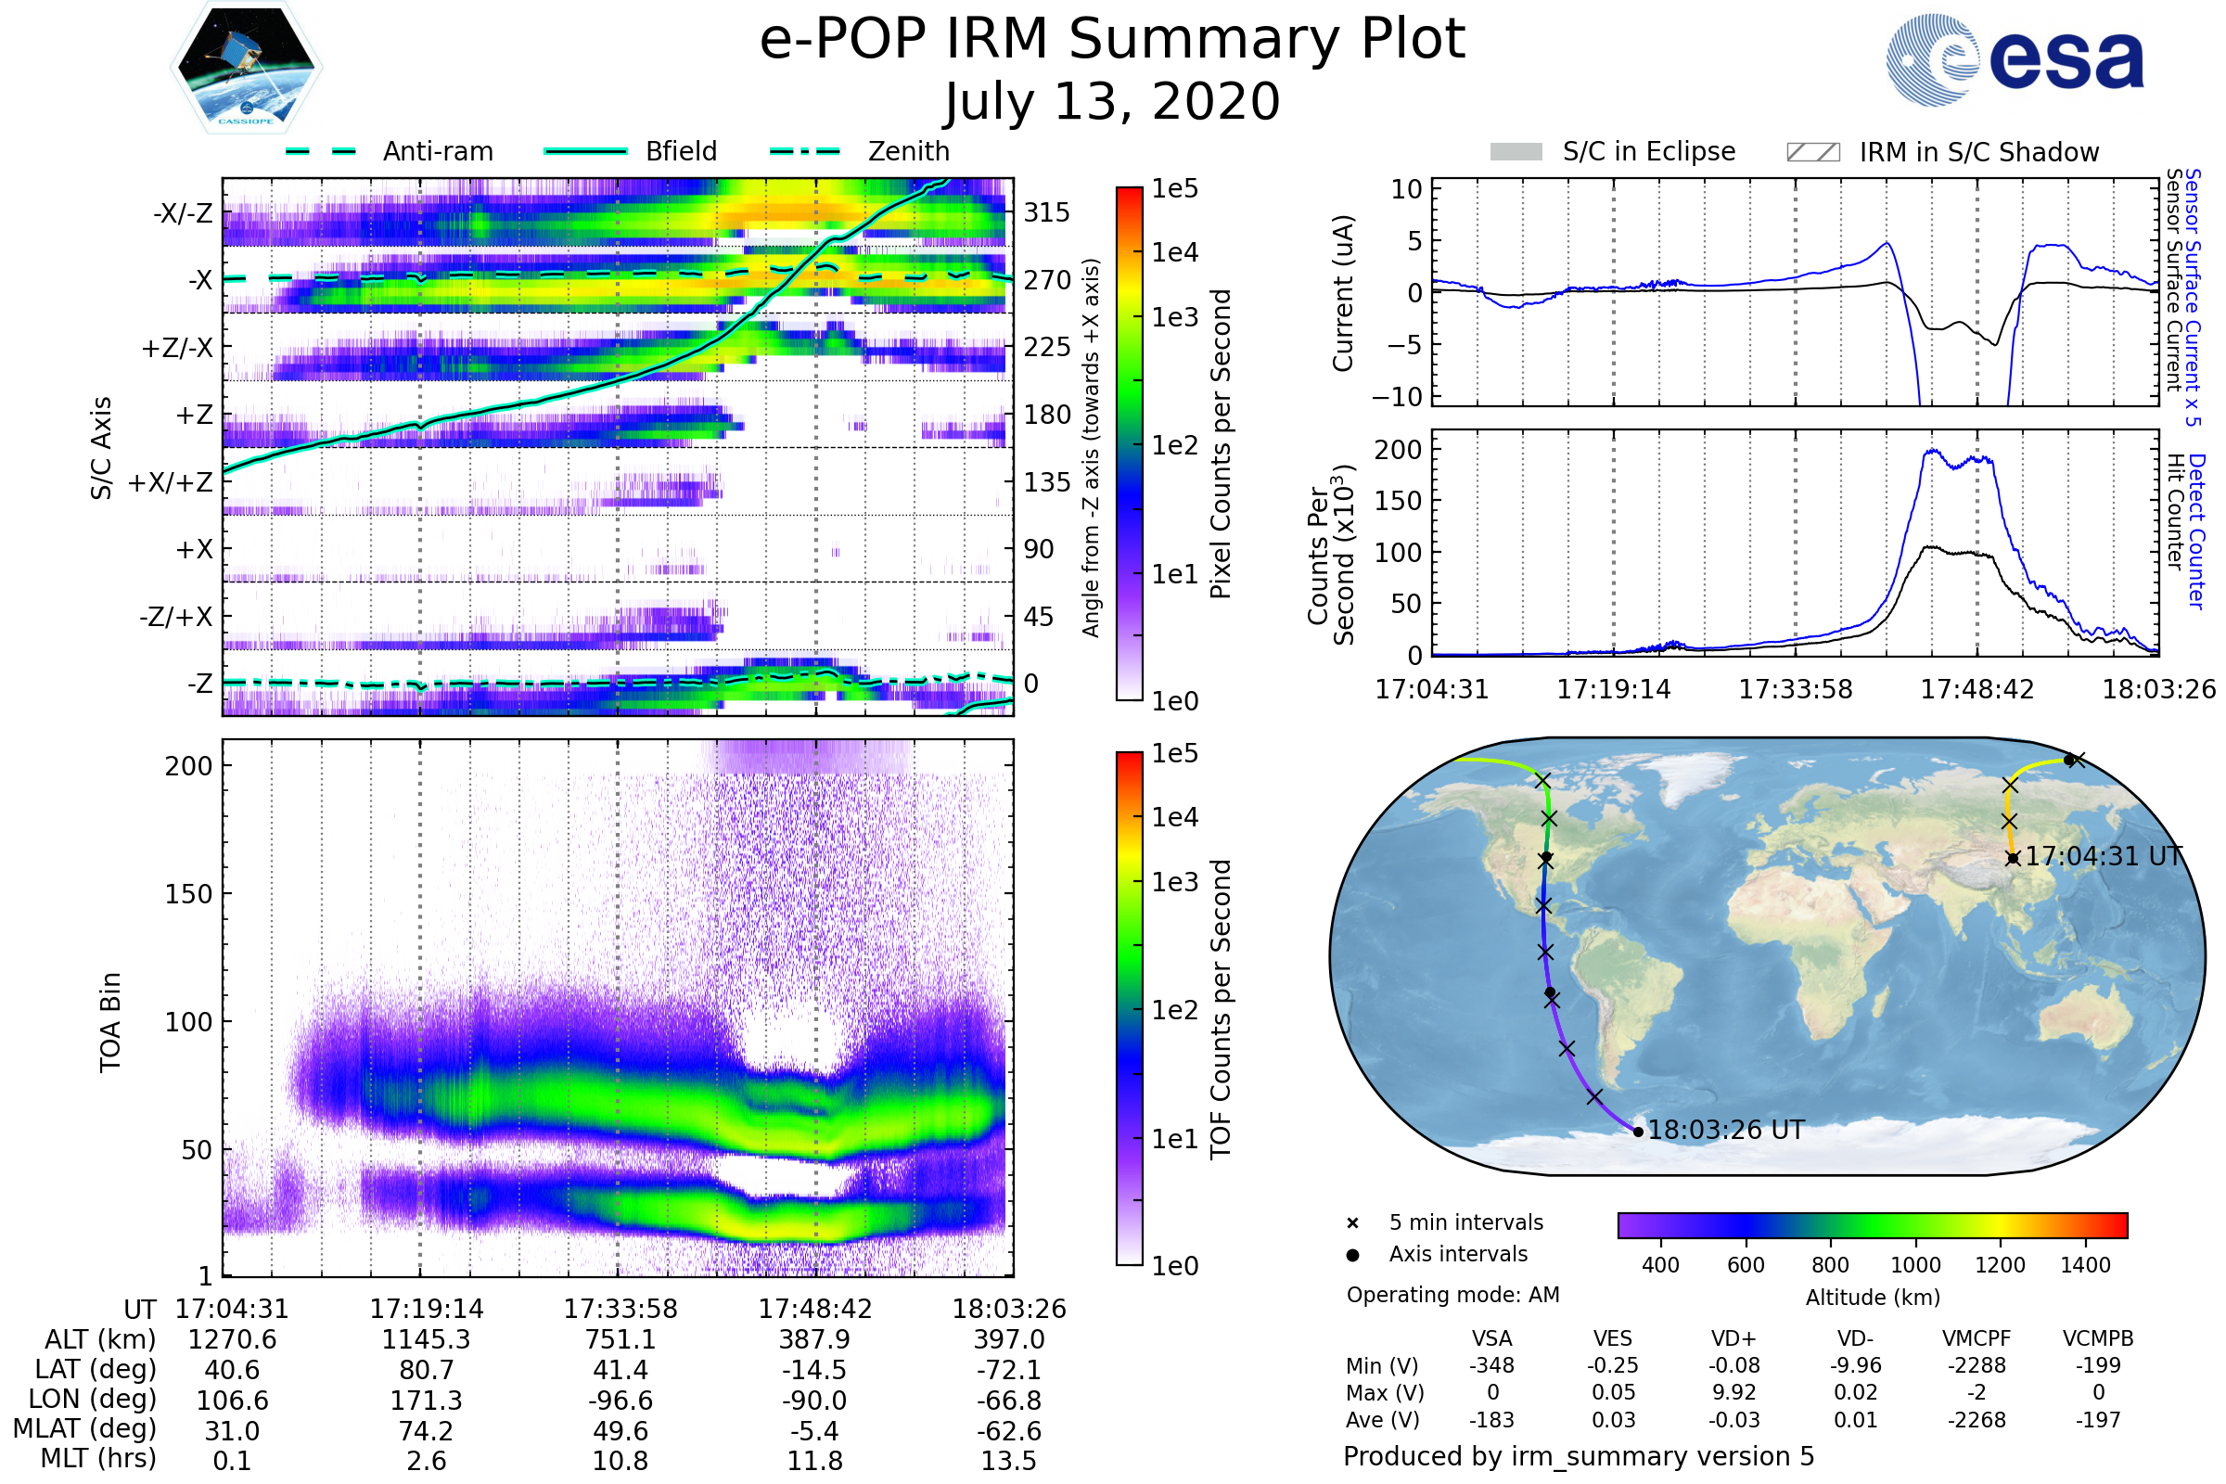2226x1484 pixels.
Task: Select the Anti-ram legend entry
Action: (x=437, y=151)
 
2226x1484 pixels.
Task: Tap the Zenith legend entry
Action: (x=908, y=151)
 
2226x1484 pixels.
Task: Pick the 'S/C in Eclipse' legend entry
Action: (x=1648, y=151)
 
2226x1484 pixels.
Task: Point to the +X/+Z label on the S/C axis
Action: (x=171, y=482)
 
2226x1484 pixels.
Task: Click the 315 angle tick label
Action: (x=1047, y=212)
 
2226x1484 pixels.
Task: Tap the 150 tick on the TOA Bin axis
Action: (x=188, y=894)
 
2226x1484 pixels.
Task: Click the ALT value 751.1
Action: (x=620, y=1339)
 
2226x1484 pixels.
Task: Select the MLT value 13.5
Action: (x=1008, y=1460)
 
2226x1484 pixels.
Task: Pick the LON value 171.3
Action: (x=426, y=1400)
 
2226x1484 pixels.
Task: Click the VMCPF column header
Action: (x=1977, y=1338)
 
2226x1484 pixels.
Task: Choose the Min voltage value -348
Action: (x=1491, y=1365)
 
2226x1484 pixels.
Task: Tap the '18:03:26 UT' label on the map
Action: (x=1726, y=1130)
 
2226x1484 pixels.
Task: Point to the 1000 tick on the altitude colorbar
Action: (x=1915, y=1265)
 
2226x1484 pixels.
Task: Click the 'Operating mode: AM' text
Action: (x=1452, y=1295)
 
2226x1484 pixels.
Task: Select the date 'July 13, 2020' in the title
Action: (x=1112, y=101)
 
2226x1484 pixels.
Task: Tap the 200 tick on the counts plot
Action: (x=1398, y=450)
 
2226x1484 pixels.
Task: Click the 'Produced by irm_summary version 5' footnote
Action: (x=1579, y=1456)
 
